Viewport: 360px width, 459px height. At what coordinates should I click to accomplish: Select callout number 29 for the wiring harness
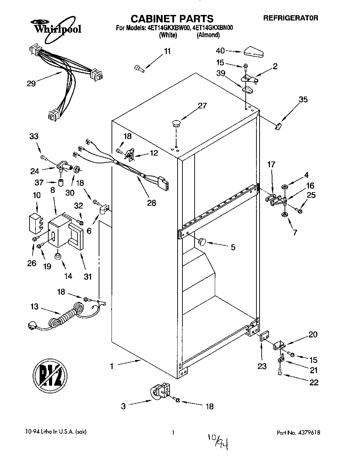(31, 84)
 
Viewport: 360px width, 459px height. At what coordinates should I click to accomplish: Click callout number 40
(220, 51)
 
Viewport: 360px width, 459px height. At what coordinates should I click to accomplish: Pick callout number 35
(303, 100)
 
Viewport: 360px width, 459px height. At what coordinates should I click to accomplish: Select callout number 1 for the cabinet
(112, 366)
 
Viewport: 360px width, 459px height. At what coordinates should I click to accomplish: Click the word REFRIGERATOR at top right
(291, 18)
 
